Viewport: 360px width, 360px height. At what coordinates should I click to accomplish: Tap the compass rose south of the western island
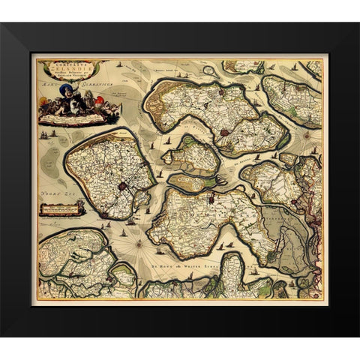pos(139,241)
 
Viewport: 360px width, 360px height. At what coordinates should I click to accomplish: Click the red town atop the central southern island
pos(212,198)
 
